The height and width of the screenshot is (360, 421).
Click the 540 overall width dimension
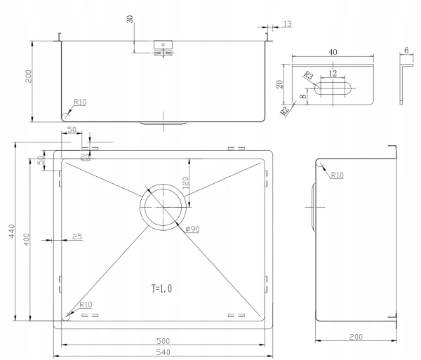point(163,352)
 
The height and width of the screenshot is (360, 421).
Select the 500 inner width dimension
point(163,341)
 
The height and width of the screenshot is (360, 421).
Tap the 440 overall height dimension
point(11,231)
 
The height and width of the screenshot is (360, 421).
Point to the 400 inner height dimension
point(27,239)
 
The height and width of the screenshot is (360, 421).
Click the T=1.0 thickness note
point(161,288)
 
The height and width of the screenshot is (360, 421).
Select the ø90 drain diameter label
point(192,229)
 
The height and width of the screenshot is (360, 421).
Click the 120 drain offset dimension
point(185,183)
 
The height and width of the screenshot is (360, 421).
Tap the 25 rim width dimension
point(77,236)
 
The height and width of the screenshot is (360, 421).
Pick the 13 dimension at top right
point(287,24)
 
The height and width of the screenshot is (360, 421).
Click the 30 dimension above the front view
point(130,20)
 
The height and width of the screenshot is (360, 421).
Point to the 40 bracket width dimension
point(333,52)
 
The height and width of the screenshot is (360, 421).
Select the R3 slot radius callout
point(309,75)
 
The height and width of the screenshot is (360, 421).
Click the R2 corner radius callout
point(284,110)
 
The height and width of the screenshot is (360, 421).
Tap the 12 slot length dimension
point(333,73)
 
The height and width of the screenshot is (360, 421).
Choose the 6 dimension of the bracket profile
point(406,51)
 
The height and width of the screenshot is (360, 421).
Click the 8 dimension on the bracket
point(303,96)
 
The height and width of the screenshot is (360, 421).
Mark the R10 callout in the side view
point(337,175)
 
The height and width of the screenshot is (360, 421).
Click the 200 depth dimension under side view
point(356,337)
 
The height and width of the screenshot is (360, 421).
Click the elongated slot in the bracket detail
point(333,88)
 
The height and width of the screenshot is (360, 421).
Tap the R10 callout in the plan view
point(86,305)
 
